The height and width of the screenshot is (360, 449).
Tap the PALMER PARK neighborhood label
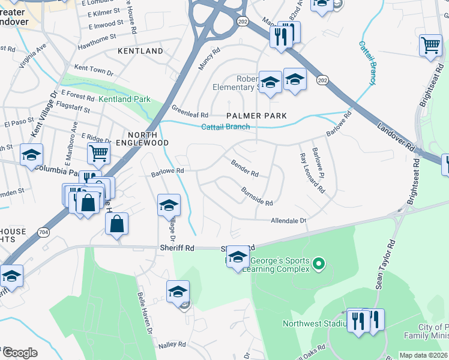[256, 115]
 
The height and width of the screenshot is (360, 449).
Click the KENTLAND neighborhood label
[140, 51]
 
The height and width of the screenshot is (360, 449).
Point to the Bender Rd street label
[245, 169]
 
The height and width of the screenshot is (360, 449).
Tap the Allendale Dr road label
[288, 221]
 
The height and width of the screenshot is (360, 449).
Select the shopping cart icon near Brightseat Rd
[430, 45]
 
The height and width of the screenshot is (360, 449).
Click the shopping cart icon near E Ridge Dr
[98, 152]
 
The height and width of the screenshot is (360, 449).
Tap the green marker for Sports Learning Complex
[319, 263]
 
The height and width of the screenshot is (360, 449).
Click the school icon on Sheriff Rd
[238, 257]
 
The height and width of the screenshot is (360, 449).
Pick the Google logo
[20, 353]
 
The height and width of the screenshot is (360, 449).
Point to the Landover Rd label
[396, 136]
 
